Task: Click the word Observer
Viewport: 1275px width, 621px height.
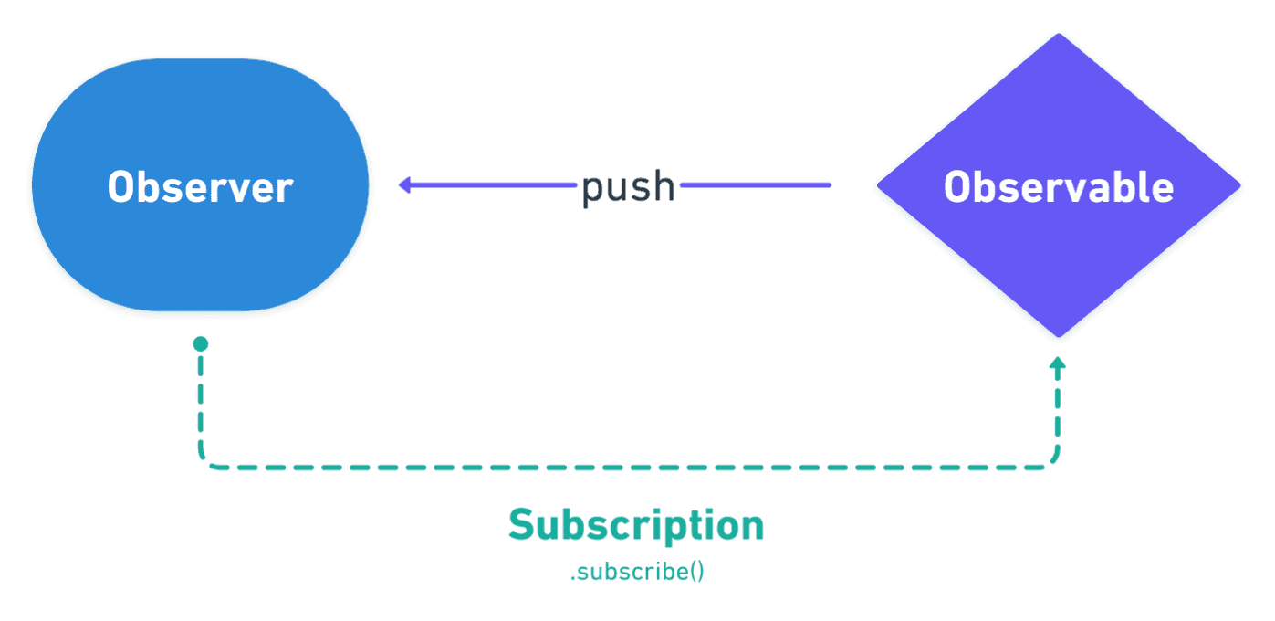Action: click(x=200, y=187)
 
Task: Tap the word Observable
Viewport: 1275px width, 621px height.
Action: click(x=1059, y=187)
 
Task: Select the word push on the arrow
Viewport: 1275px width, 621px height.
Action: click(x=629, y=186)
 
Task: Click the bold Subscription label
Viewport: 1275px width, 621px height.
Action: click(x=636, y=526)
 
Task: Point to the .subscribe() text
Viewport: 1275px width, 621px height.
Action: click(x=637, y=573)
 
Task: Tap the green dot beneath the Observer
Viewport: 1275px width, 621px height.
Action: click(x=200, y=344)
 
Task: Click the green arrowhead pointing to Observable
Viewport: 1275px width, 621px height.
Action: click(x=1058, y=363)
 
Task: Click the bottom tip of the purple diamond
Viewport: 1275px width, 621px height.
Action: click(x=1059, y=338)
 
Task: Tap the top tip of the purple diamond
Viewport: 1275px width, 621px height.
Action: click(x=1059, y=35)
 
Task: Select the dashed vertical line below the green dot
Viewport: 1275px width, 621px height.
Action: click(x=200, y=402)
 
